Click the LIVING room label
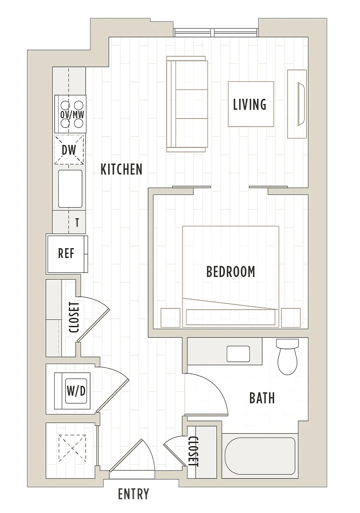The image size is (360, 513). tap(249, 104)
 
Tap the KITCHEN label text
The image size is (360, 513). tap(121, 169)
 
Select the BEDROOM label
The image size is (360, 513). tap(230, 272)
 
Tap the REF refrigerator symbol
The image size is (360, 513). tap(67, 254)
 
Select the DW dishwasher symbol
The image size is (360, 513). tap(69, 150)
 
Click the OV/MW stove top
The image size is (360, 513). tap(70, 114)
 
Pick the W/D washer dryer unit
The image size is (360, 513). tap(72, 391)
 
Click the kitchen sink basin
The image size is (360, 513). tap(70, 189)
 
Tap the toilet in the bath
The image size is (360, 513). tap(288, 357)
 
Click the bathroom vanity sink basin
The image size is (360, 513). tap(238, 353)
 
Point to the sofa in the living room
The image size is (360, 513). tap(187, 104)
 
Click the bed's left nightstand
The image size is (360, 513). tap(170, 318)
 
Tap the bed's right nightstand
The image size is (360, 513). tap(291, 318)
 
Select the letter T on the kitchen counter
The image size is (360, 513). tap(77, 222)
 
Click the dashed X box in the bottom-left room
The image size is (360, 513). tap(72, 448)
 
